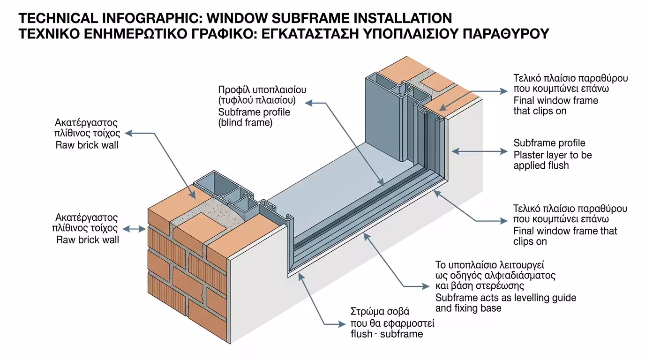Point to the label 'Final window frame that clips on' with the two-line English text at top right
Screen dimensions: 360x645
[555, 105]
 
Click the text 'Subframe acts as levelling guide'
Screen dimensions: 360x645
[505, 298]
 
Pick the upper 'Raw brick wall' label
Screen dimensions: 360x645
[87, 145]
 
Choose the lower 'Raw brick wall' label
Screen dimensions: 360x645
[88, 240]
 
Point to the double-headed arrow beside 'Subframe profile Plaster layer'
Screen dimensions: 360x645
[480, 151]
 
